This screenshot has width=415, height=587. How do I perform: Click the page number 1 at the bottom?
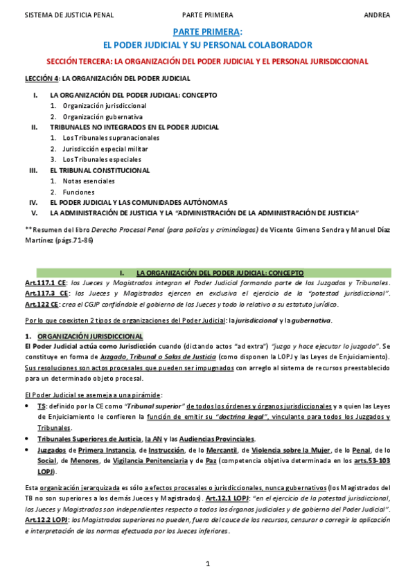click(x=207, y=564)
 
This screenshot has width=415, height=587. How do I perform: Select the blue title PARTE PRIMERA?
click(x=207, y=32)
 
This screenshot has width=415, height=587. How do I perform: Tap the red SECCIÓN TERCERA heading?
click(x=207, y=61)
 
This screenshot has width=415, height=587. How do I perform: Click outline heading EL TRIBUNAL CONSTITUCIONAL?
click(x=100, y=170)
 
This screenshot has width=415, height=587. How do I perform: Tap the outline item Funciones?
click(x=78, y=192)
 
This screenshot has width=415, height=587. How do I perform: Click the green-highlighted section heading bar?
click(x=207, y=273)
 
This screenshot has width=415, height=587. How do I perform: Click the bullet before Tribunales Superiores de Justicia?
click(x=28, y=439)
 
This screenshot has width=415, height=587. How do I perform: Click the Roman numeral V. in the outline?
click(x=33, y=212)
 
